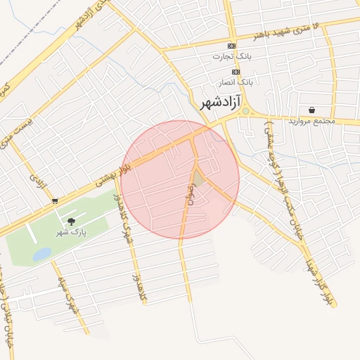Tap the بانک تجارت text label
(233, 56)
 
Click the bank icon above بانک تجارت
(234, 45)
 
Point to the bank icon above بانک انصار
(235, 72)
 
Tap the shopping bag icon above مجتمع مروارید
(311, 110)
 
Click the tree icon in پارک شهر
(71, 221)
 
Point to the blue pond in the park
(42, 254)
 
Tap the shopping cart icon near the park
(55, 201)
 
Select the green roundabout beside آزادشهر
(245, 110)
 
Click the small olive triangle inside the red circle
(199, 179)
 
